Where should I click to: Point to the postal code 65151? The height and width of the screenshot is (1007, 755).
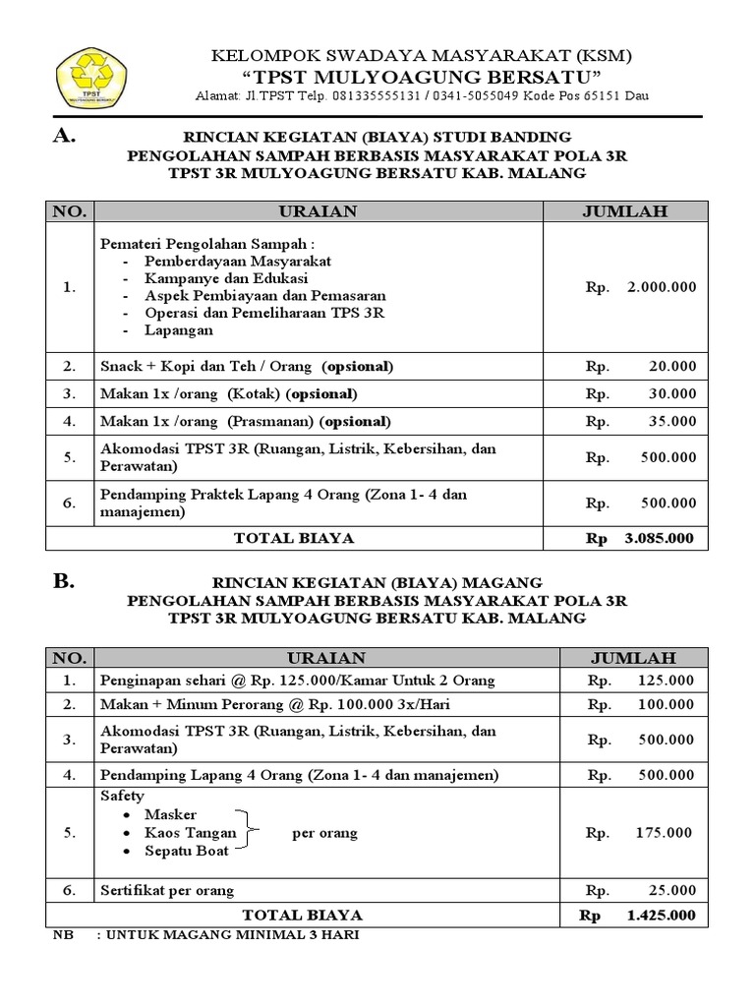pyautogui.click(x=601, y=96)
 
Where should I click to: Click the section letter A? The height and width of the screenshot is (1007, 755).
pyautogui.click(x=65, y=137)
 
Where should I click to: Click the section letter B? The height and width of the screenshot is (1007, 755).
pyautogui.click(x=64, y=581)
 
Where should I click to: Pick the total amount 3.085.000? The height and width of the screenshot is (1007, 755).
pyautogui.click(x=659, y=538)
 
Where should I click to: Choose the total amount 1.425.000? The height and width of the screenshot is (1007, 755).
pyautogui.click(x=660, y=915)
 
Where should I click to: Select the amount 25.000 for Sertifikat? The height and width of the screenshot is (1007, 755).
pyautogui.click(x=672, y=891)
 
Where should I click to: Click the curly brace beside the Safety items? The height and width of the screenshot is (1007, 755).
pyautogui.click(x=252, y=832)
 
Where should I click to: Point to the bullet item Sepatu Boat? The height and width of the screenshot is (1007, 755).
pyautogui.click(x=186, y=851)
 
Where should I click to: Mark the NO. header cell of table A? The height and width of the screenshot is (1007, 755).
pyautogui.click(x=70, y=210)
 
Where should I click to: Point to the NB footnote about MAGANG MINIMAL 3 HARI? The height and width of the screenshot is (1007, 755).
pyautogui.click(x=206, y=934)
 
